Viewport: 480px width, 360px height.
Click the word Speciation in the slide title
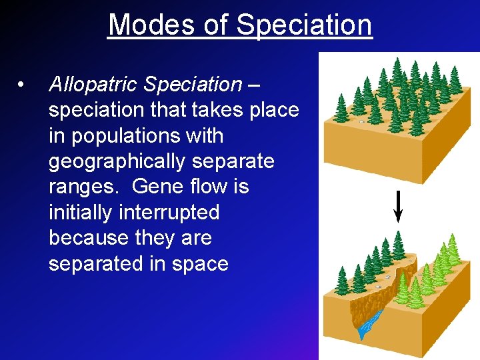pyautogui.click(x=304, y=25)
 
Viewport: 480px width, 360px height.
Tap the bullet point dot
pyautogui.click(x=22, y=85)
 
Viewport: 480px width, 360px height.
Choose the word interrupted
pyautogui.click(x=169, y=212)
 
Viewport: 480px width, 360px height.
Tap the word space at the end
pyautogui.click(x=200, y=264)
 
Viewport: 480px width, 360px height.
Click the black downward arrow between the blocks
pyautogui.click(x=398, y=206)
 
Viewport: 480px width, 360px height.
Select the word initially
pyautogui.click(x=81, y=212)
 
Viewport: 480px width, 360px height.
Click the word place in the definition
pyautogui.click(x=274, y=110)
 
